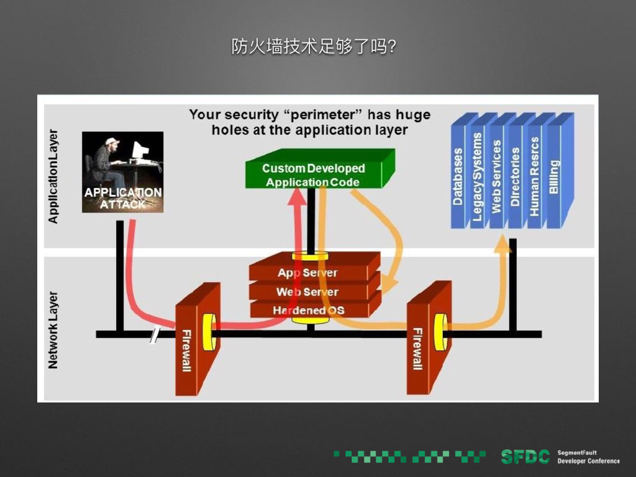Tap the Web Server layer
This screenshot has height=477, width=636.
tap(308, 292)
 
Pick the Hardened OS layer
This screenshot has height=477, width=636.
tap(308, 310)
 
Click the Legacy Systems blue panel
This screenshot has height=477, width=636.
tap(478, 174)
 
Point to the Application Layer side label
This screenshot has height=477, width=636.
tap(53, 176)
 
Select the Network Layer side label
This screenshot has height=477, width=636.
tap(53, 330)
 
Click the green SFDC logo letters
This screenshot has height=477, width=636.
tap(525, 457)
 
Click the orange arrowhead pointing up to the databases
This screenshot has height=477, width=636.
tap(502, 245)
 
